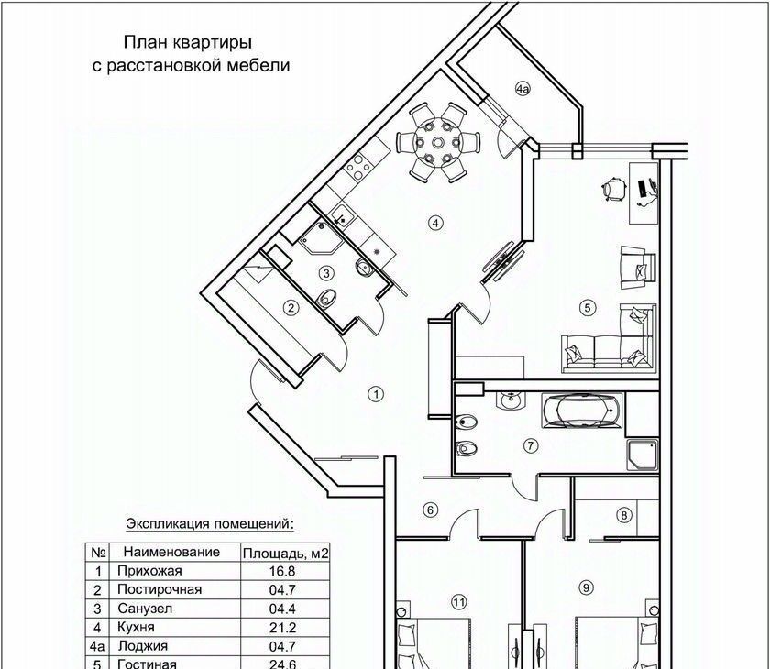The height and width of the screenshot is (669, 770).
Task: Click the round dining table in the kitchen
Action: pyautogui.click(x=437, y=143)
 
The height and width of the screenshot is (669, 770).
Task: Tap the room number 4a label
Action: pyautogui.click(x=522, y=89)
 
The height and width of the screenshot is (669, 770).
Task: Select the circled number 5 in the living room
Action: pyautogui.click(x=588, y=308)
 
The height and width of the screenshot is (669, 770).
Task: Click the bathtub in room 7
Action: pyautogui.click(x=582, y=410)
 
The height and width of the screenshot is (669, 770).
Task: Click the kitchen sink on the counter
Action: pyautogui.click(x=341, y=215)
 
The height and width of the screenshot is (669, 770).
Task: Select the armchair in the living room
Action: pyautogui.click(x=637, y=268)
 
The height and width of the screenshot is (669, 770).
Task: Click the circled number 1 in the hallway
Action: pyautogui.click(x=376, y=394)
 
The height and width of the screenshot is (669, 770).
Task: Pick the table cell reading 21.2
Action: pyautogui.click(x=282, y=627)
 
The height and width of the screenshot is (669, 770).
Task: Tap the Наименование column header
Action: pyautogui.click(x=171, y=552)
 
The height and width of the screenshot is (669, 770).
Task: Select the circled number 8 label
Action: pyautogui.click(x=624, y=515)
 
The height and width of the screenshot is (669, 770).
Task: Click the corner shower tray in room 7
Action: pyautogui.click(x=643, y=455)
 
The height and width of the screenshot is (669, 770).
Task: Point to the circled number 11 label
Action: pyautogui.click(x=458, y=602)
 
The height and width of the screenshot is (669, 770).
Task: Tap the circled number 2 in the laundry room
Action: pyautogui.click(x=291, y=308)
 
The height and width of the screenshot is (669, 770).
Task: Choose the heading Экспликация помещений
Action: pyautogui.click(x=210, y=523)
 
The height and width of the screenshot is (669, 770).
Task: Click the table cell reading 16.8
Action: pyautogui.click(x=282, y=571)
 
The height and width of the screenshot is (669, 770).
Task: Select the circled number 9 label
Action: pyautogui.click(x=586, y=587)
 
